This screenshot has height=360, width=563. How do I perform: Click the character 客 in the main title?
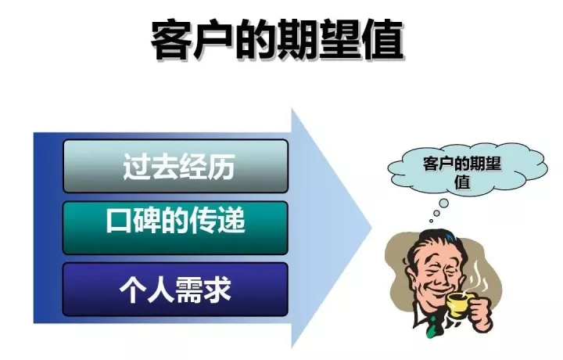click(171, 40)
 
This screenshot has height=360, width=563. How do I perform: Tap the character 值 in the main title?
click(382, 40)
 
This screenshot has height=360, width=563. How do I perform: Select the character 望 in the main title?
click(340, 40)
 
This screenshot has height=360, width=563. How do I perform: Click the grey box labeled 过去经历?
click(176, 166)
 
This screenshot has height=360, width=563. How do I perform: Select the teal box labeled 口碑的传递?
click(176, 229)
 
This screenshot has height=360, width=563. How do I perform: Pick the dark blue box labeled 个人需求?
click(176, 290)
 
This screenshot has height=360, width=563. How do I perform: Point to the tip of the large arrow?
click(371, 228)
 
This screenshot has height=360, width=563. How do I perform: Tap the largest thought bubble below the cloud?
click(444, 203)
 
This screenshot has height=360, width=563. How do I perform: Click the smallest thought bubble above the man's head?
click(431, 221)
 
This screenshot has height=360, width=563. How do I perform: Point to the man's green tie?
click(432, 328)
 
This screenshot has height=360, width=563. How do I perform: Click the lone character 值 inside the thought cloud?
click(463, 182)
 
